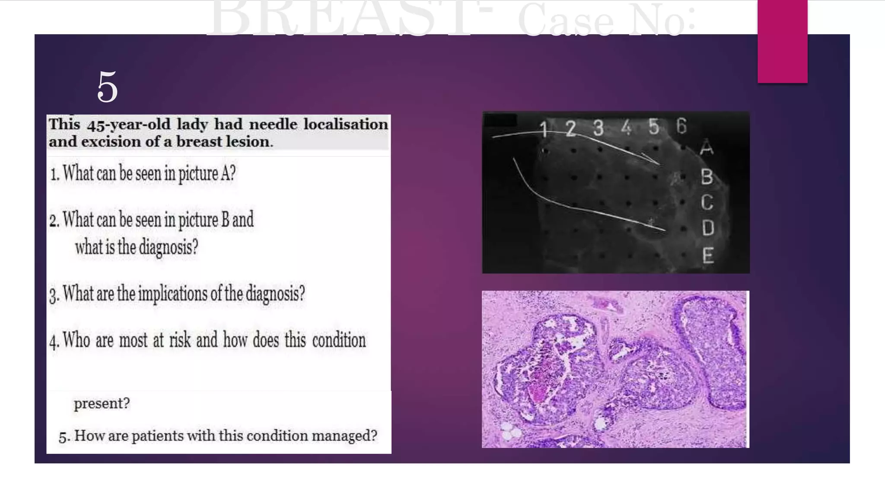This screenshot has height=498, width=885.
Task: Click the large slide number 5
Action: (107, 87)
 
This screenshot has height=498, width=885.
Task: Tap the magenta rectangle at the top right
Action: (782, 41)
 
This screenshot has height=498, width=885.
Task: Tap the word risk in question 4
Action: (180, 340)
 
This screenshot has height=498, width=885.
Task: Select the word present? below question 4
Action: (102, 403)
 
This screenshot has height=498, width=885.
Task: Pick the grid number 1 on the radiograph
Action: (543, 129)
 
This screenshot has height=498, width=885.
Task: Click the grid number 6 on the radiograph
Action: (681, 126)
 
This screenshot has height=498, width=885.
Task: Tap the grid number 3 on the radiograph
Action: (598, 128)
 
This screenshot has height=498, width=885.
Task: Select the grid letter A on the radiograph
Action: (706, 147)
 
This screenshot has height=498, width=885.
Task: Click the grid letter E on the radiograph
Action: (708, 255)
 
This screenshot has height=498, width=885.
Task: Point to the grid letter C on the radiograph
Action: (707, 202)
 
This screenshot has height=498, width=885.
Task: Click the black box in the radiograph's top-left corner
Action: (500, 120)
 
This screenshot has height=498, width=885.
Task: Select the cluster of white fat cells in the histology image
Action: (510, 431)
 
